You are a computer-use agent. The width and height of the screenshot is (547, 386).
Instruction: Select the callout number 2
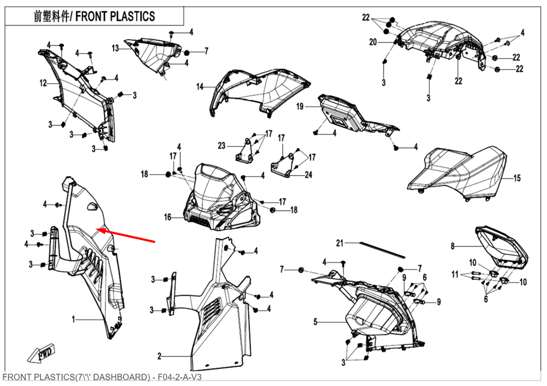tap(159, 356)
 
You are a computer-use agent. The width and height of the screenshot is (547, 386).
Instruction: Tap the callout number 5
tap(315, 322)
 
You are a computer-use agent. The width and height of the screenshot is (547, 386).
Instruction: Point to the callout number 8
tap(452, 246)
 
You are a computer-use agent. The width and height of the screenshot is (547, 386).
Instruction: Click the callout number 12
tap(43, 83)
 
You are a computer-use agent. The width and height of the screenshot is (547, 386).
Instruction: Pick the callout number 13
tap(115, 48)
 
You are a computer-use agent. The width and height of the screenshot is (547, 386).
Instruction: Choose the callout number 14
tap(200, 87)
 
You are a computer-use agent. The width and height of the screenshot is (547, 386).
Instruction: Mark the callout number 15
tap(517, 178)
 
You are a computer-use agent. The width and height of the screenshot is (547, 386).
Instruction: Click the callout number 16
tap(168, 217)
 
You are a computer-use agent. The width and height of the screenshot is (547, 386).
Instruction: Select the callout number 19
tap(300, 107)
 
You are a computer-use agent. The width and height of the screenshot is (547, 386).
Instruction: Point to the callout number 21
tap(339, 243)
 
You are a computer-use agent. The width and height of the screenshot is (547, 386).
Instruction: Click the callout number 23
tap(221, 146)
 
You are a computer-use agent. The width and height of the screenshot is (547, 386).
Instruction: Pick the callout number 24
tap(308, 175)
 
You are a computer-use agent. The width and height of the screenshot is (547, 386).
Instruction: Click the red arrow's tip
tap(98, 229)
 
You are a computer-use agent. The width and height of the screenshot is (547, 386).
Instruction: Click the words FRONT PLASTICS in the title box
tap(115, 16)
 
